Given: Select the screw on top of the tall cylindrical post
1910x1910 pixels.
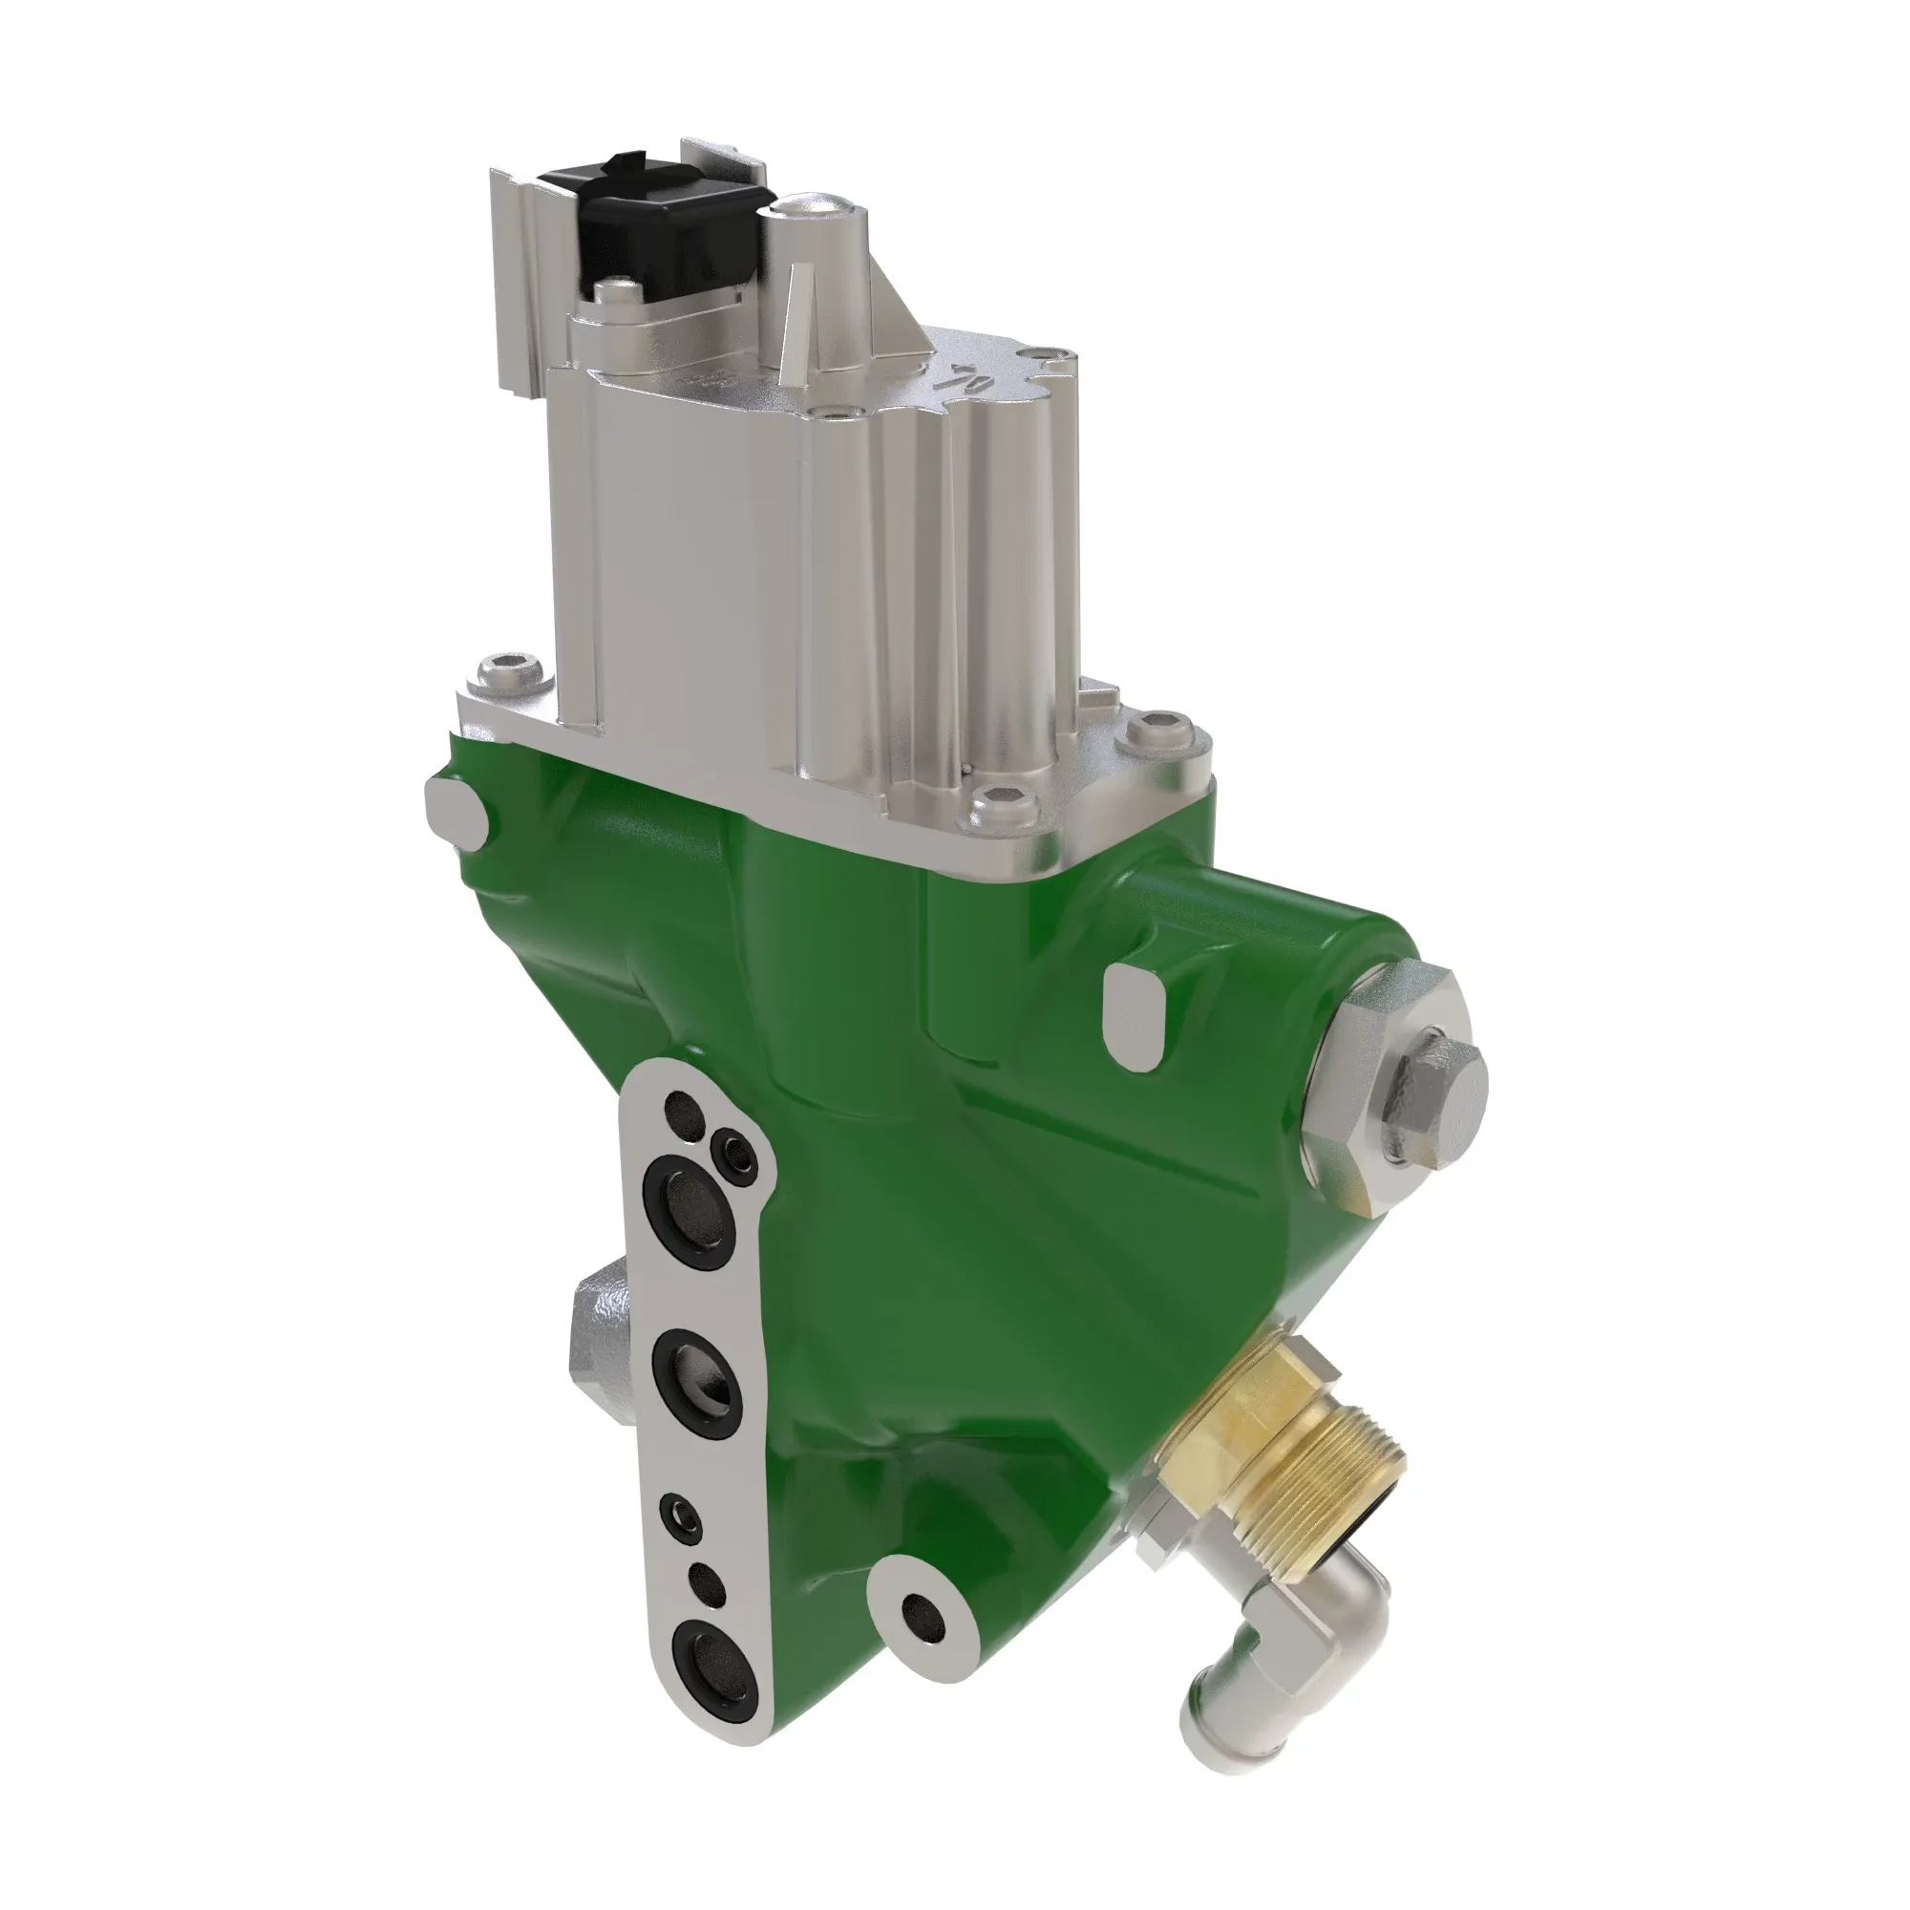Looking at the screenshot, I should click(814, 210).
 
